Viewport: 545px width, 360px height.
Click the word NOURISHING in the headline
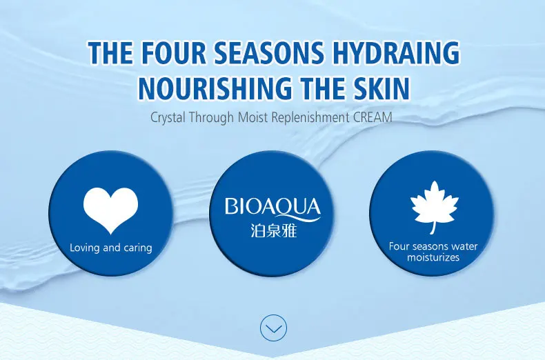point(215,88)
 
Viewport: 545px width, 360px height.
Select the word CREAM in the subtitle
point(373,117)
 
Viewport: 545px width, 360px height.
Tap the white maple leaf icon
point(434,204)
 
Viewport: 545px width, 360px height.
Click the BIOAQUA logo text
point(272,207)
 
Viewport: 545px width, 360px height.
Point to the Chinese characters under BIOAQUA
point(274,231)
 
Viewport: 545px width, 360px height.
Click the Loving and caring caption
point(111,248)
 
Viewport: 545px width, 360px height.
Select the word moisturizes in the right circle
point(433,257)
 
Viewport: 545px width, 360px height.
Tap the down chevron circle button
point(274,328)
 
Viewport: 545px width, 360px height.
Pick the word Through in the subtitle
point(211,117)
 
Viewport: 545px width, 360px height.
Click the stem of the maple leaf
point(433,228)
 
